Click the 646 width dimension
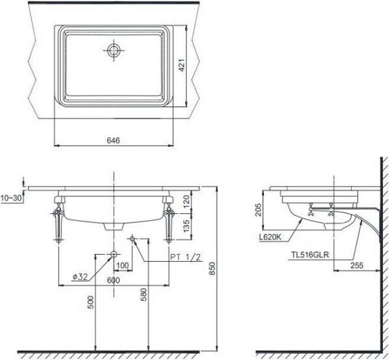pyautogui.click(x=114, y=141)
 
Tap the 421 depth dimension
pyautogui.click(x=182, y=65)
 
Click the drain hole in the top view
pyautogui.click(x=114, y=50)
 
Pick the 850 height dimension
pyautogui.click(x=212, y=268)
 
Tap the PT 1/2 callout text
pyautogui.click(x=185, y=257)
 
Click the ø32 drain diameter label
pyautogui.click(x=80, y=276)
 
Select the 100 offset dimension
pyautogui.click(x=123, y=265)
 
